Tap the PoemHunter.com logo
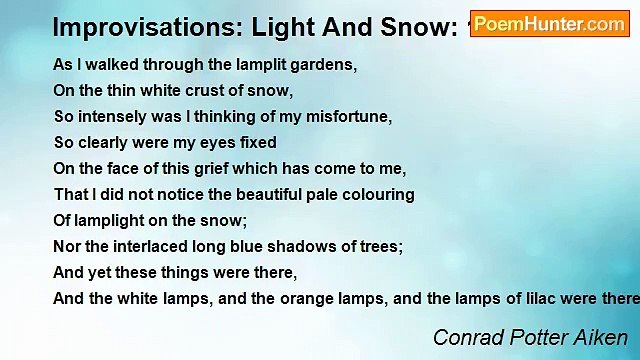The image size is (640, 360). coord(549,24)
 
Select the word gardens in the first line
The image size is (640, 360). coord(326,65)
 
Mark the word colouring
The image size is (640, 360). coord(379,195)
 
